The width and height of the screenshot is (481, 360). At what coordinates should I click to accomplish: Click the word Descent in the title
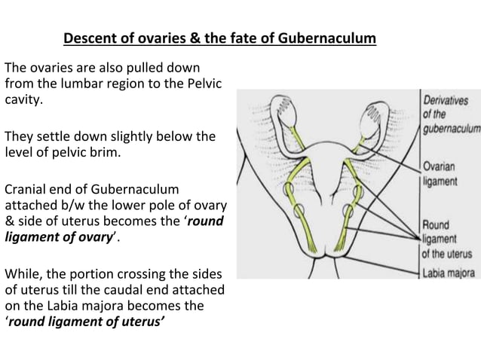coord(88,38)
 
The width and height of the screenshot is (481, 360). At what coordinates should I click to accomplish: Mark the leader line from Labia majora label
coord(377,267)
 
